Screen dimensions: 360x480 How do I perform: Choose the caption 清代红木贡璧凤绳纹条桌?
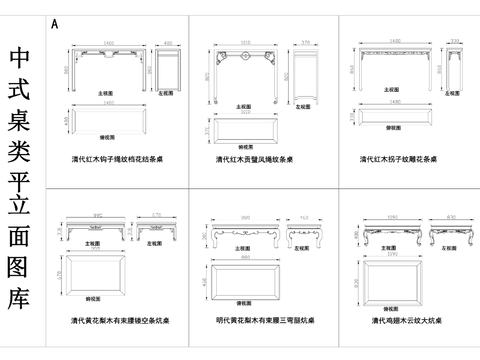[x=257, y=160]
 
